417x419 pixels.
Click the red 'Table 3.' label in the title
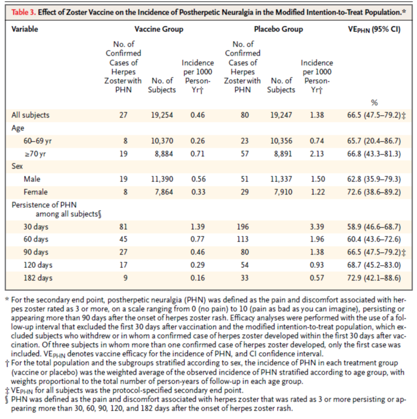(24, 12)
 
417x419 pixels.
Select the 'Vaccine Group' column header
(159, 29)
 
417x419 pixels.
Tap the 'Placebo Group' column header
(278, 29)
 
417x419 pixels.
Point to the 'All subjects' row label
(30, 115)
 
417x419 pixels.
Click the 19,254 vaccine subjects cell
(162, 115)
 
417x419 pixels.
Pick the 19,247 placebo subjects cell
(281, 115)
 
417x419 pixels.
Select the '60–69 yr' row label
(38, 141)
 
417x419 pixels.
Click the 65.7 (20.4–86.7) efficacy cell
(374, 141)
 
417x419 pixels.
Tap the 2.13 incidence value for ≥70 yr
(317, 154)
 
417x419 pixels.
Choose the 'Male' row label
(32, 179)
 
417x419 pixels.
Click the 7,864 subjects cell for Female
(164, 192)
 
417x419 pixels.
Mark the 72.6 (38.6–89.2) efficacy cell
(374, 192)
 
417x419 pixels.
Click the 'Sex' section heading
(17, 166)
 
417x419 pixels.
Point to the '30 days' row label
(36, 227)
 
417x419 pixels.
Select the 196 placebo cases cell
(243, 227)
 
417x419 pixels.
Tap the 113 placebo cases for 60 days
(243, 239)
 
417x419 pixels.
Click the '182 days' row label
(38, 278)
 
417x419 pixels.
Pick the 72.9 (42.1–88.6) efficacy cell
(374, 278)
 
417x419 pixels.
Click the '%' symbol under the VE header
(374, 103)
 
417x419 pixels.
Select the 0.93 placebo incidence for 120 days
(317, 265)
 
